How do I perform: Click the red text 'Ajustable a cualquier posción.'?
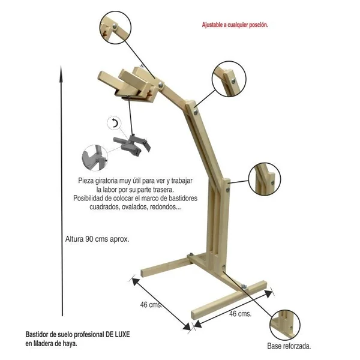point(235,25)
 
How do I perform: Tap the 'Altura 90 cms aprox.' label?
point(97,239)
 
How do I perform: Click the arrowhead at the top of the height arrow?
point(61,73)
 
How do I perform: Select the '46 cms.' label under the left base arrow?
point(151,305)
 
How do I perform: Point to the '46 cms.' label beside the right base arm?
point(240,314)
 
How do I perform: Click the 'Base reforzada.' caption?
point(289,346)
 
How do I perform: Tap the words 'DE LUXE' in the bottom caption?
point(118,334)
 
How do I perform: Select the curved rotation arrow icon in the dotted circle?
point(115,123)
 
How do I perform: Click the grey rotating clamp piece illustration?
point(132,145)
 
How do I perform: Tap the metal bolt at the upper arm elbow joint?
point(196,112)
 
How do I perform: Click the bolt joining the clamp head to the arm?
point(161,85)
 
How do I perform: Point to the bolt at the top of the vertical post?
point(228,190)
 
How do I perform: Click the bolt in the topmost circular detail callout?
point(115,26)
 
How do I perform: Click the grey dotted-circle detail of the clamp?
point(95,158)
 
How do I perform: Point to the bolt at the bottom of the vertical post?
point(224,267)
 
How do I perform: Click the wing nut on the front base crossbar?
point(244,287)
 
